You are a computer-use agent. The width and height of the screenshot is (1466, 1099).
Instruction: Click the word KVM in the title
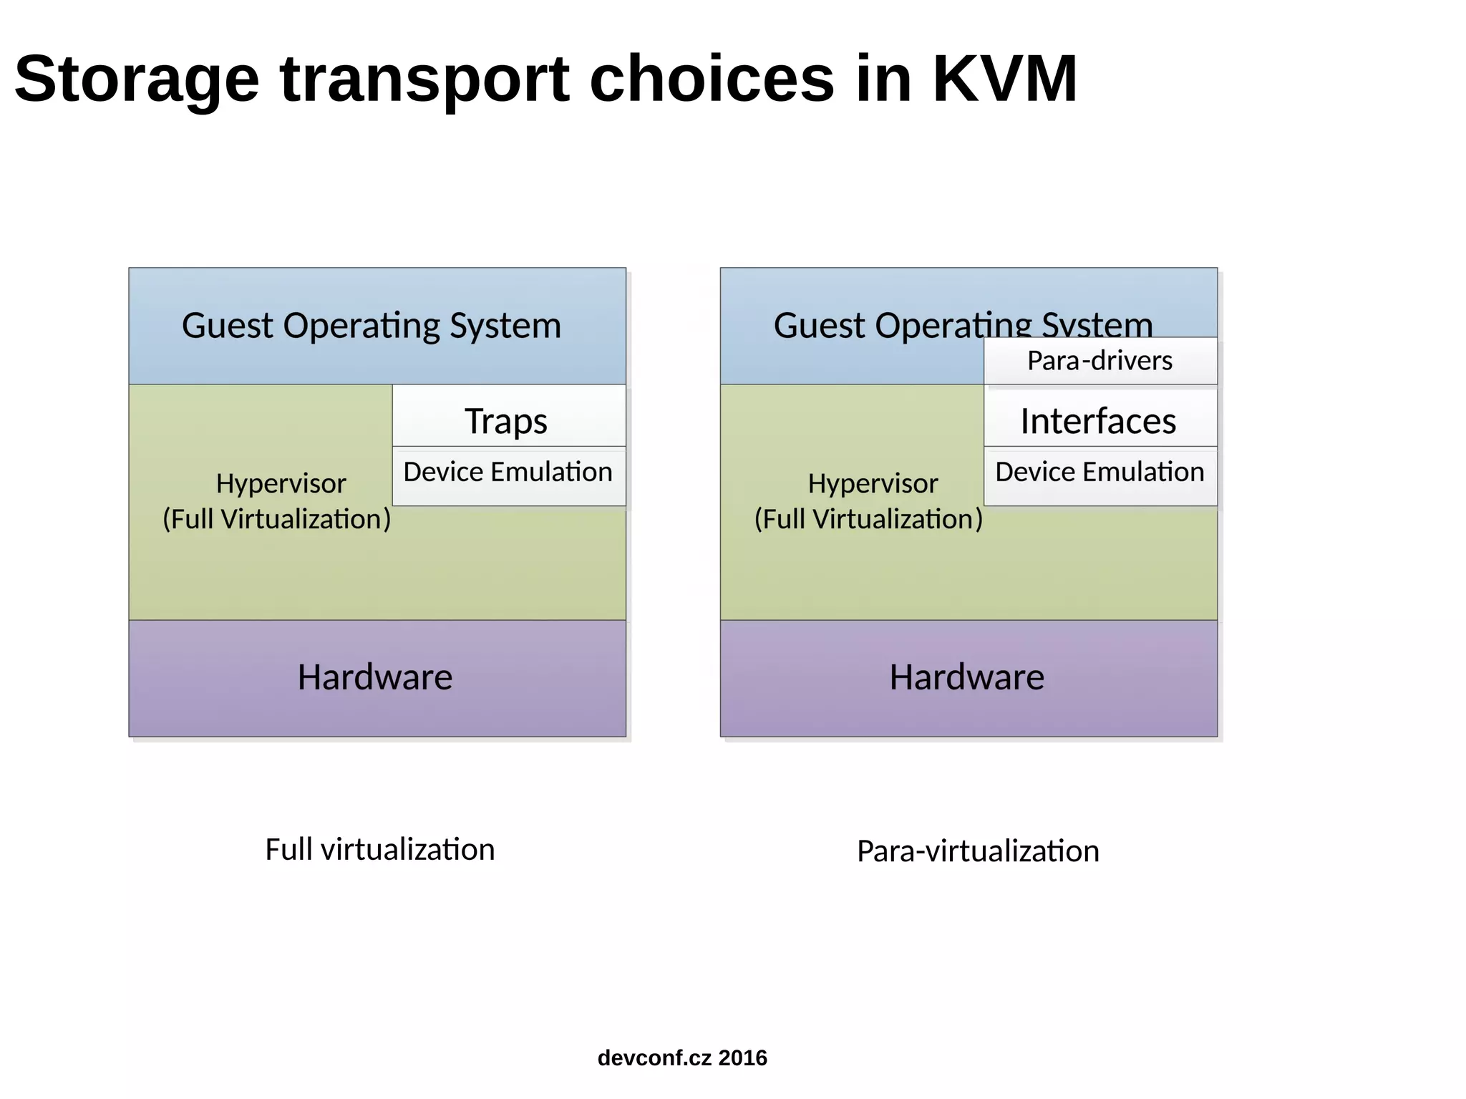(1004, 79)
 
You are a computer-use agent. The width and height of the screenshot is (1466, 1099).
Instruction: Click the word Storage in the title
(136, 80)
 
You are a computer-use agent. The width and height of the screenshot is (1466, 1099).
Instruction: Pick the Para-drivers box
(1099, 360)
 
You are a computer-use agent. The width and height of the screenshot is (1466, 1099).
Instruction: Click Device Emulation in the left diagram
(508, 472)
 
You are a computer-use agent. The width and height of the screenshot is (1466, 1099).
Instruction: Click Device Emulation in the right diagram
(1099, 472)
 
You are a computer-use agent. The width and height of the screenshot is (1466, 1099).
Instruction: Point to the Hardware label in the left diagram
(375, 677)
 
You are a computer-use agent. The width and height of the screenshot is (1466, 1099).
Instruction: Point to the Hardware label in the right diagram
(967, 677)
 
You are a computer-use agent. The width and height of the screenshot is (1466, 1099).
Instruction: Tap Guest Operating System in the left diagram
(371, 326)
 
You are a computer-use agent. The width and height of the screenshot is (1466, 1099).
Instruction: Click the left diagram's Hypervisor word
(281, 483)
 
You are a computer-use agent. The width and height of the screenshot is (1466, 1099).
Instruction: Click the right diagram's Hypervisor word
(873, 483)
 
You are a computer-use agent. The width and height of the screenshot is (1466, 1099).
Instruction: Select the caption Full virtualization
(379, 850)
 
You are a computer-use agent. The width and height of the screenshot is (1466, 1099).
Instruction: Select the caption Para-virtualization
(978, 851)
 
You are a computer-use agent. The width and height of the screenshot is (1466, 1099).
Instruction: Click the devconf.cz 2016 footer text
(681, 1057)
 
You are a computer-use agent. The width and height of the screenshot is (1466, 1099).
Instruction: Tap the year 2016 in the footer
(742, 1057)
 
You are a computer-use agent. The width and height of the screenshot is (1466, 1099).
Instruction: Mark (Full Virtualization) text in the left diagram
(277, 519)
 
